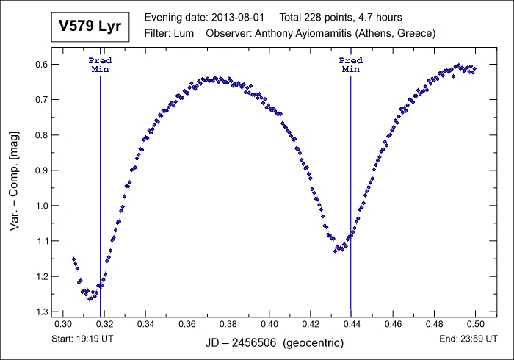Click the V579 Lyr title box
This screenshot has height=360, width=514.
tap(90, 27)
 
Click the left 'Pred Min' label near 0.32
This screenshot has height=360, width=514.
tap(100, 65)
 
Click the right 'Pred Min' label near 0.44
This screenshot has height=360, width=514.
tap(351, 65)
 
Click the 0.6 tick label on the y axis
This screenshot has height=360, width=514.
tap(41, 65)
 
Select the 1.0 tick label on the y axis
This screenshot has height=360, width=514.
tap(41, 206)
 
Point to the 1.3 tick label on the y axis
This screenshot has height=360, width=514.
tap(41, 312)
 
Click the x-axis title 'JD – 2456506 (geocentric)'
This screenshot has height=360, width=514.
tap(269, 343)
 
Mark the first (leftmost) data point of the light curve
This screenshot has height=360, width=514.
tap(73, 259)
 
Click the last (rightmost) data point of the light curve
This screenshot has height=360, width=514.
tap(475, 68)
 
